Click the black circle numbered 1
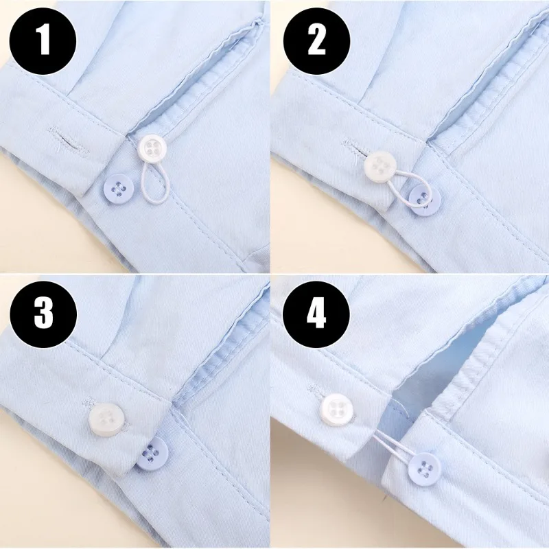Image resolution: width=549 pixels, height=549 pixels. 43,40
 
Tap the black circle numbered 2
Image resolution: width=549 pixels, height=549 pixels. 316,40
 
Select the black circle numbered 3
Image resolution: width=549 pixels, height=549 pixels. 43,314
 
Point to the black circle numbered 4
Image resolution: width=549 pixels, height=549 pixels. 316,314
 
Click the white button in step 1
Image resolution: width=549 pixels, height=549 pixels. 150,148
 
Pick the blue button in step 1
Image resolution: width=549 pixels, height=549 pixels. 119,186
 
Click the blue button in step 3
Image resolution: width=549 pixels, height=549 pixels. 150,453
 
